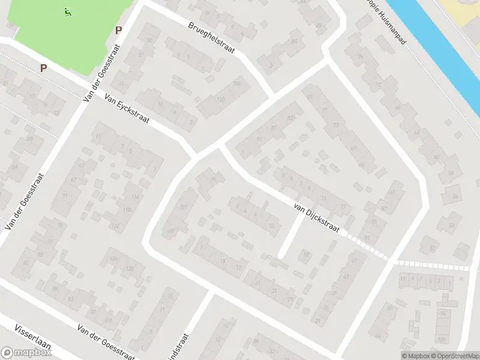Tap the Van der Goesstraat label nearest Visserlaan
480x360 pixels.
pyautogui.click(x=104, y=340)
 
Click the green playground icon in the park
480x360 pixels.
pyautogui.click(x=67, y=11)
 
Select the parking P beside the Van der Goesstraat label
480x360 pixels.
pyautogui.click(x=118, y=30)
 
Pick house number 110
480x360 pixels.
pyautogui.click(x=221, y=99)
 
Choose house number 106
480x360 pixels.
pyautogui.click(x=236, y=83)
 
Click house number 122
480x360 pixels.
pyautogui.click(x=115, y=226)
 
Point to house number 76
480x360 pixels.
pyautogui.click(x=361, y=56)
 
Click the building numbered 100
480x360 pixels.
pyautogui.click(x=443, y=340)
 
